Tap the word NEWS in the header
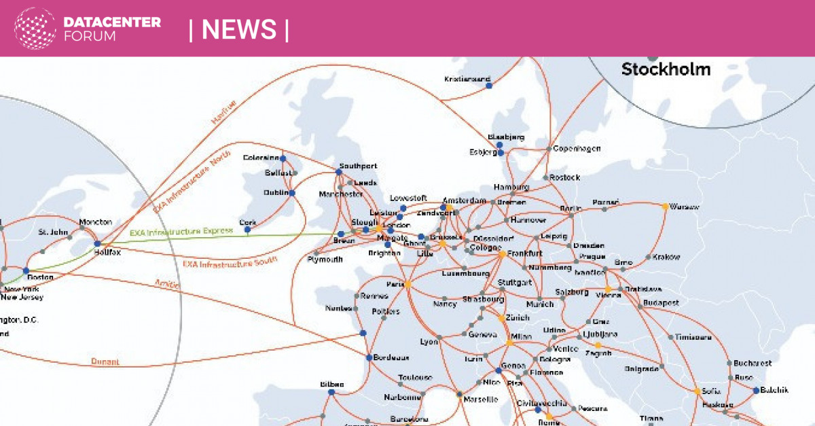tap(239, 30)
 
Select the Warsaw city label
tap(684, 207)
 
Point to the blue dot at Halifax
tap(97, 243)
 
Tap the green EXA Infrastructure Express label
tap(181, 232)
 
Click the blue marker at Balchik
tap(755, 390)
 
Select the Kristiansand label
tap(467, 79)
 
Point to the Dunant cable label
tap(105, 361)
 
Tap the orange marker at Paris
tap(408, 285)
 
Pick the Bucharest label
tap(753, 363)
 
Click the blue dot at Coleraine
tap(283, 158)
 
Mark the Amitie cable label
tap(166, 283)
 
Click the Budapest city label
tap(661, 302)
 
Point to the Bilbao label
tap(331, 384)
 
